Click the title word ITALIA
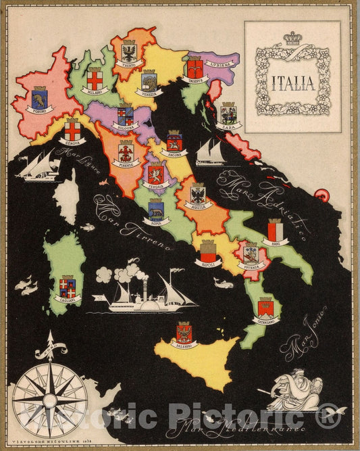pyautogui.click(x=292, y=85)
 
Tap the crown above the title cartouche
pyautogui.click(x=292, y=39)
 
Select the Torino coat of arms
pyautogui.click(x=39, y=99)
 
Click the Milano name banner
pyautogui.click(x=95, y=90)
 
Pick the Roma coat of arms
pyautogui.click(x=156, y=208)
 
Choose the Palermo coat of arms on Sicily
pyautogui.click(x=184, y=332)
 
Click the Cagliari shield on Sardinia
pyautogui.click(x=68, y=287)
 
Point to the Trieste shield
pyautogui.click(x=195, y=67)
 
